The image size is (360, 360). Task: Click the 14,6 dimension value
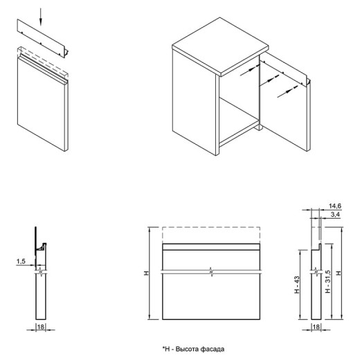(x=335, y=206)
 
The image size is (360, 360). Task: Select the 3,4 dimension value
(x=335, y=215)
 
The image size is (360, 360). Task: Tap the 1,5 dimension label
(x=21, y=261)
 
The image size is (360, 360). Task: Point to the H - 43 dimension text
(x=297, y=285)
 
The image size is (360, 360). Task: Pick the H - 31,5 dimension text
(x=328, y=282)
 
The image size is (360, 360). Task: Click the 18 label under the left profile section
(x=41, y=327)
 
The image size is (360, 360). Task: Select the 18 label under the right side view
(x=316, y=327)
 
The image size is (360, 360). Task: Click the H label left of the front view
(x=146, y=273)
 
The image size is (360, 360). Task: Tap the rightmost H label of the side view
(x=339, y=273)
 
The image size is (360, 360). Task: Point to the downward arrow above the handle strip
(x=41, y=17)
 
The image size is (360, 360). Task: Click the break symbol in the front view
(x=211, y=272)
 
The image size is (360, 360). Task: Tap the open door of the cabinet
(x=285, y=102)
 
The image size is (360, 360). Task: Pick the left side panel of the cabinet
(x=195, y=102)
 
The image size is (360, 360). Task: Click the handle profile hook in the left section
(x=42, y=247)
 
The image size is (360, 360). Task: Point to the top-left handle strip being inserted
(x=43, y=38)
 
